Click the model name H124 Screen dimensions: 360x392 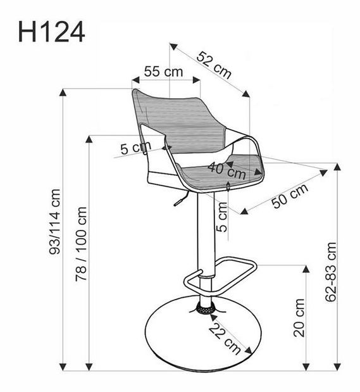pyautogui.click(x=51, y=32)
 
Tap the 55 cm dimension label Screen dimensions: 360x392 pyautogui.click(x=164, y=72)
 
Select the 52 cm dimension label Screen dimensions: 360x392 pyautogui.click(x=214, y=65)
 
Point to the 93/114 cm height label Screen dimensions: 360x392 pyautogui.click(x=54, y=222)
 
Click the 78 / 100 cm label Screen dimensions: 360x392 pyautogui.click(x=81, y=244)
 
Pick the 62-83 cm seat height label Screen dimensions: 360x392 pyautogui.click(x=331, y=272)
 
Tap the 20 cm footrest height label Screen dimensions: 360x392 pyautogui.click(x=299, y=318)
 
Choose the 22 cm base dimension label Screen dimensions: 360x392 pyautogui.click(x=225, y=338)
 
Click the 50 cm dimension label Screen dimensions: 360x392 pyautogui.click(x=290, y=196)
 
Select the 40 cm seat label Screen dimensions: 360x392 pyautogui.click(x=227, y=170)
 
